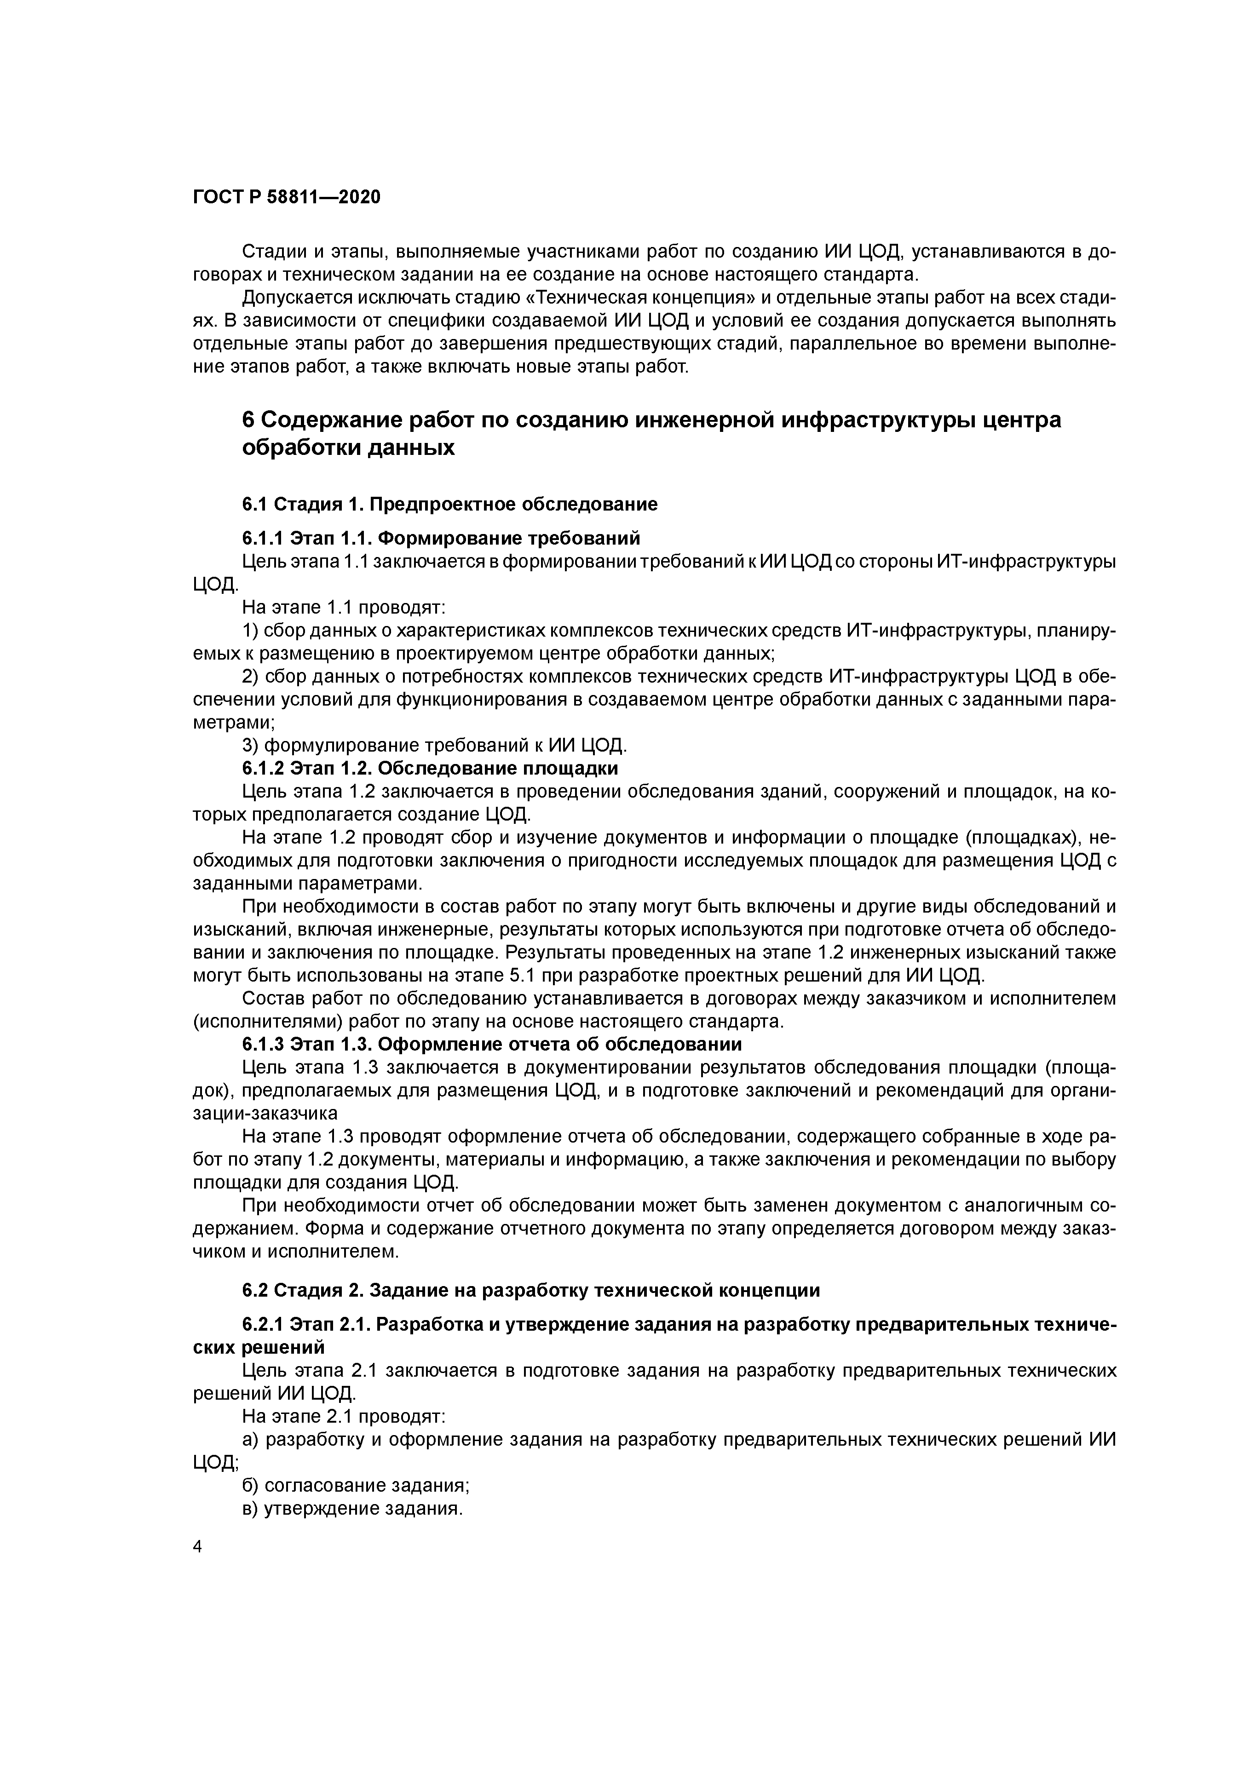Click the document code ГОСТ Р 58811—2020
click(286, 197)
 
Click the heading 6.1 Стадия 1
click(449, 505)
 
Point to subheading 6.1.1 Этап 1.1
click(441, 538)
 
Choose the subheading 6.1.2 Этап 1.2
click(430, 769)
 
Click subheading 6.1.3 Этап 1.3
click(492, 1045)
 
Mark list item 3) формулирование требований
click(435, 746)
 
